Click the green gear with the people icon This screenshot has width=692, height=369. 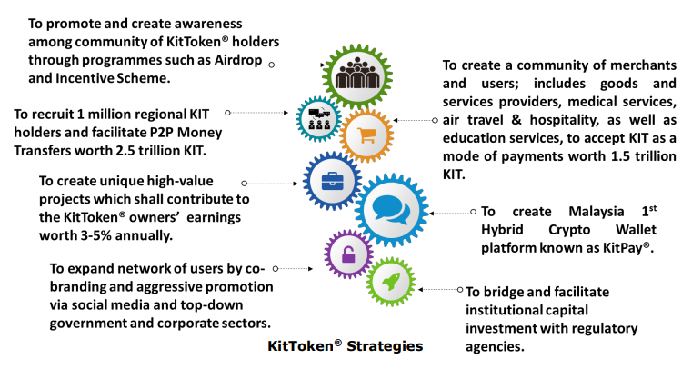tap(357, 76)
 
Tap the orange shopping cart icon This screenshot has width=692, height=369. tap(366, 135)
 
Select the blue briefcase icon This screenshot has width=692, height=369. tap(332, 181)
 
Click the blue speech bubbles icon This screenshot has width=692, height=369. tap(391, 209)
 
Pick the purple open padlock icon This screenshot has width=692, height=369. tap(348, 254)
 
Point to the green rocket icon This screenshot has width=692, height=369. tap(391, 281)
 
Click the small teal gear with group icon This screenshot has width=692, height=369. tap(318, 118)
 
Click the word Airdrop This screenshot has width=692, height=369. tap(238, 60)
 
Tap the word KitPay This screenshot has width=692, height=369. tap(623, 248)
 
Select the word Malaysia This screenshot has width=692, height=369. tap(597, 212)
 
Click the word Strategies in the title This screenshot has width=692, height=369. tap(385, 346)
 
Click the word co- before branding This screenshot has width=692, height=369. tap(256, 268)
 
